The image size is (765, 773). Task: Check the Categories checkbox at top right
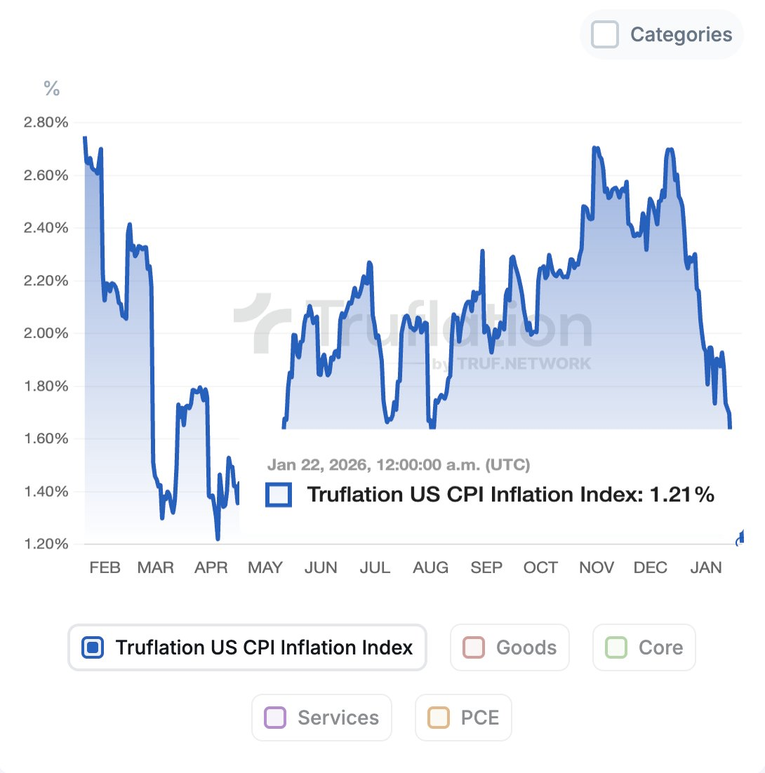[605, 34]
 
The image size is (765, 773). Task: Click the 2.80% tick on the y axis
[46, 123]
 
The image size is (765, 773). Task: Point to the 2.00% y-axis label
[46, 333]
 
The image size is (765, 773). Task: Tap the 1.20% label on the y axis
[46, 544]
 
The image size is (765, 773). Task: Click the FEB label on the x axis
[105, 567]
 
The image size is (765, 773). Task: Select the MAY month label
[265, 567]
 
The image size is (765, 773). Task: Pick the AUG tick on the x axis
[430, 567]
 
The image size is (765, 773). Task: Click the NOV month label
[596, 567]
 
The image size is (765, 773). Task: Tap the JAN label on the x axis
[705, 567]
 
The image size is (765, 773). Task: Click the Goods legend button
[510, 647]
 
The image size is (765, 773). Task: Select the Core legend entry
[644, 647]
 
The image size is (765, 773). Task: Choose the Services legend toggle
[321, 718]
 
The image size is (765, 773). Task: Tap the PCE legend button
[463, 718]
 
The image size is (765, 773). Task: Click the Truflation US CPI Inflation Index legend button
[247, 647]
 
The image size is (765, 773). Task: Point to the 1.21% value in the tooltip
[681, 495]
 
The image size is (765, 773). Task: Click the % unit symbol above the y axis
[52, 88]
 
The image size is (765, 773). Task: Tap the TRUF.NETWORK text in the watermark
[524, 363]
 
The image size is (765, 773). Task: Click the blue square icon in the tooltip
[279, 495]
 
